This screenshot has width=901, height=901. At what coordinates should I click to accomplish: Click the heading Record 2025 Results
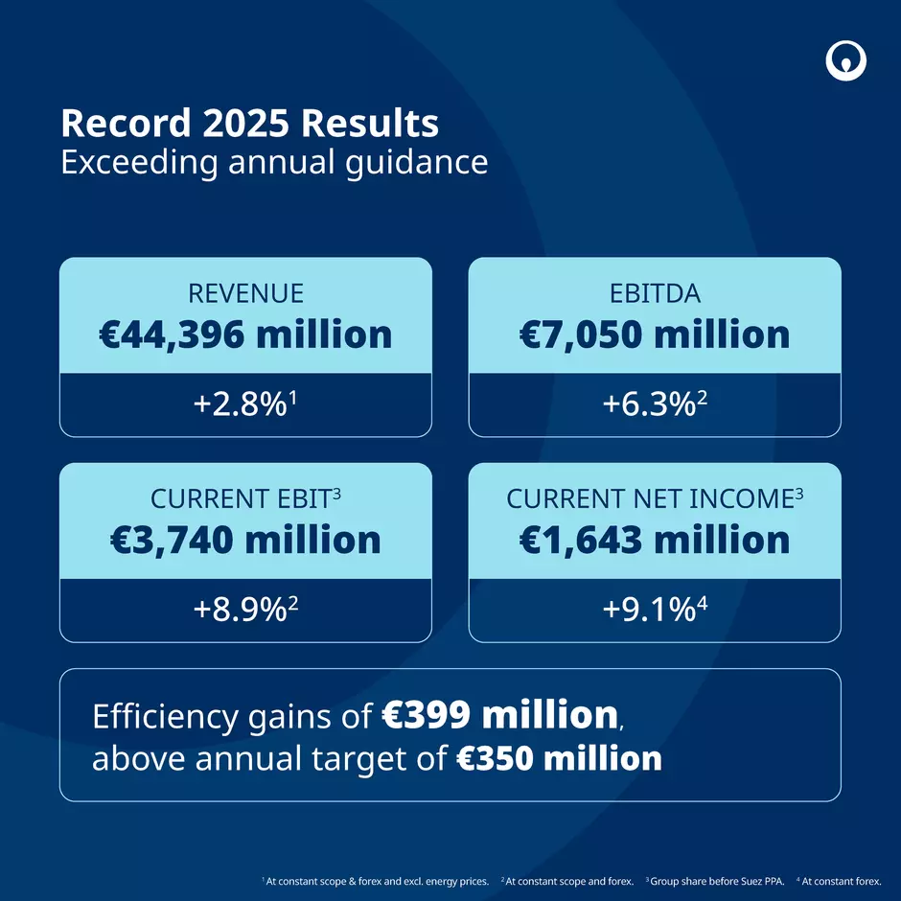coord(250,124)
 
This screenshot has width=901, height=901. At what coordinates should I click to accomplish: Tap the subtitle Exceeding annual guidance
coord(274,161)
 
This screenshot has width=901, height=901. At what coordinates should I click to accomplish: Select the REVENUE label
coord(245,292)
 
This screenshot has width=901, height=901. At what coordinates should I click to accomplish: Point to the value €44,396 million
coord(245,335)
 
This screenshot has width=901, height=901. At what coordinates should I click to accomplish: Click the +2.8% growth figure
coord(245,404)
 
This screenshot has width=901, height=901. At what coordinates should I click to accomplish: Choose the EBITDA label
coord(655,292)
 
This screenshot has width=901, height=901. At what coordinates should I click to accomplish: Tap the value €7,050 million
coord(655,335)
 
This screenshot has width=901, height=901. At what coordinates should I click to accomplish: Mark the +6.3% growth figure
coord(655,404)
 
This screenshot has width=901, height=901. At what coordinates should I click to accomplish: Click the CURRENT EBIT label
coord(245,498)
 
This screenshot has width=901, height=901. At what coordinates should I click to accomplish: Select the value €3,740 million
coord(245,540)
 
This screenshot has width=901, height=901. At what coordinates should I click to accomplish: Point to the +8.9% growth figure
coord(245,611)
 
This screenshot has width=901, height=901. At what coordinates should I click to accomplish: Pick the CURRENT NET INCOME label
coord(655,498)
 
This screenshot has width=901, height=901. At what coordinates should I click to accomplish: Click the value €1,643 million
coord(655,540)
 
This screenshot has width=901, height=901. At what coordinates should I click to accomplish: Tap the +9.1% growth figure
coord(655,611)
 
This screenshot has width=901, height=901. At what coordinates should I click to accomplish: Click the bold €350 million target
coord(556,759)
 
